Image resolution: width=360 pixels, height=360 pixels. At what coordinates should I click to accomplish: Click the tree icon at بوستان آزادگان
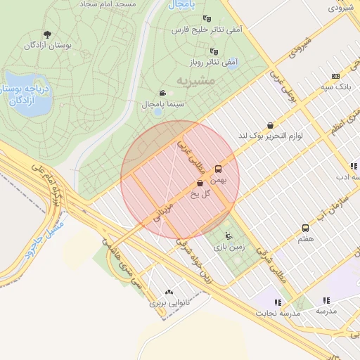[47, 34]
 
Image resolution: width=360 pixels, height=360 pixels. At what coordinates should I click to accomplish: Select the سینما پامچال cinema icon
[163, 93]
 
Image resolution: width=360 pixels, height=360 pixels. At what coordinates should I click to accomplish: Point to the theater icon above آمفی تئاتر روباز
[214, 51]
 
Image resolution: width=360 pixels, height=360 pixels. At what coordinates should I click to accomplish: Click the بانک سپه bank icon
[335, 76]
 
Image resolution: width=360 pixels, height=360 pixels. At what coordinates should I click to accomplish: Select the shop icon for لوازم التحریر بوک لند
[271, 125]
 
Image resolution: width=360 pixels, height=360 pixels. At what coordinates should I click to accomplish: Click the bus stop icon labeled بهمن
[218, 169]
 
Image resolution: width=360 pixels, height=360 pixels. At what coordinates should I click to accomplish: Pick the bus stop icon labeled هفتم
[305, 228]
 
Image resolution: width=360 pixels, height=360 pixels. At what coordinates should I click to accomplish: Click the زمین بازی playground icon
[228, 236]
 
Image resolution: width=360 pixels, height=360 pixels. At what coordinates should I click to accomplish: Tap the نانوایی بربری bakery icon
[168, 292]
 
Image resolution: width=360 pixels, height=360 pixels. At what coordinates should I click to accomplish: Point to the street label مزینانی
[163, 211]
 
